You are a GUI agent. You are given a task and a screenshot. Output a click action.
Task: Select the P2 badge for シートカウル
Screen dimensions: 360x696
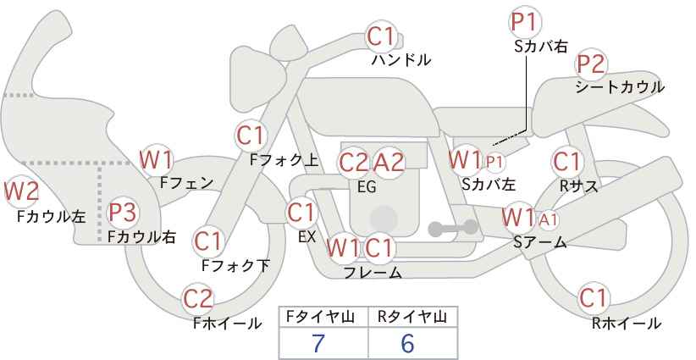[x=591, y=64]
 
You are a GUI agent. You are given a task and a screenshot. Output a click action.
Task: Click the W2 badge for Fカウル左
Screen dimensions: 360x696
[x=22, y=191]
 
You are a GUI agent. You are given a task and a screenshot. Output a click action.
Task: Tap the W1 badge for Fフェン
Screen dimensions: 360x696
[x=157, y=158]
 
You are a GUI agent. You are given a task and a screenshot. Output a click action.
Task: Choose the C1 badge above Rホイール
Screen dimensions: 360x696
[x=594, y=298]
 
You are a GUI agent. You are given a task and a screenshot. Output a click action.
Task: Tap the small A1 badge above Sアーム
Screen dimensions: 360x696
[x=548, y=220]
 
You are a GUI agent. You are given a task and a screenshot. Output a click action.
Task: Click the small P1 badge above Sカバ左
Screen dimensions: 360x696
[x=494, y=161]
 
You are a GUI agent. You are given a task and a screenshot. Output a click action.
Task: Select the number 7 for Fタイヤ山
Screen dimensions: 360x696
[x=318, y=343]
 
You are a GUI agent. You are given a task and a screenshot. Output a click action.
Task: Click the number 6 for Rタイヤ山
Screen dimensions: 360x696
[x=407, y=343]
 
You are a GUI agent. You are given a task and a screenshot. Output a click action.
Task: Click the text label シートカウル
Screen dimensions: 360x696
[x=619, y=87]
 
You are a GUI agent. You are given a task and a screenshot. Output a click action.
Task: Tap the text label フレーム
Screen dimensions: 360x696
[x=373, y=272]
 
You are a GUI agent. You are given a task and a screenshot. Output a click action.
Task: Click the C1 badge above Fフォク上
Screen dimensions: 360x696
[x=251, y=135]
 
